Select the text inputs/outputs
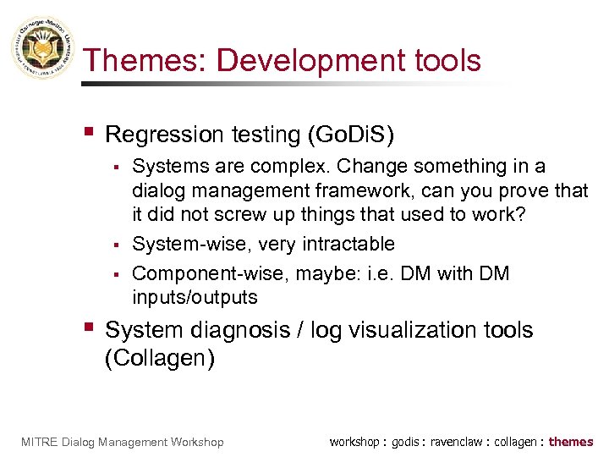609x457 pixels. click(x=195, y=298)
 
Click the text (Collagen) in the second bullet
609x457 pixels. click(x=160, y=358)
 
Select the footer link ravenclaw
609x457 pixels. click(x=458, y=442)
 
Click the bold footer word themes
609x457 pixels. click(x=571, y=442)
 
